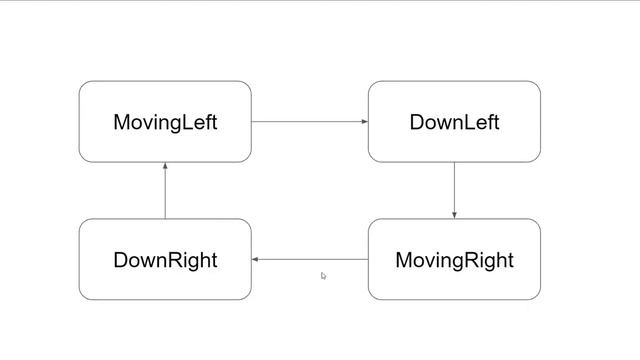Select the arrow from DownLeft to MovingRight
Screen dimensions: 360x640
coord(454,189)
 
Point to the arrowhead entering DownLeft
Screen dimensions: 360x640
coord(365,122)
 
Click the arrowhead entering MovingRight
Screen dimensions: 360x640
coord(454,215)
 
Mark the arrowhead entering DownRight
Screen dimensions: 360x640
coord(256,259)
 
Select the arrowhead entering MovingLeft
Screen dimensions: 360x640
coord(165,166)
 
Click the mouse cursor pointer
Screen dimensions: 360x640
coord(323,275)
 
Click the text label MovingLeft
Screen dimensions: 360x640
coord(165,123)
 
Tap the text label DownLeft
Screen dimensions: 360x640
coord(454,123)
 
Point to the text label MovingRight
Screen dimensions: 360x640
coord(454,261)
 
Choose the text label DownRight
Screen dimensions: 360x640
coord(165,261)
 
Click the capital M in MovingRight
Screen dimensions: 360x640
coord(404,260)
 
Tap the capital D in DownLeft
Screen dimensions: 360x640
coord(416,122)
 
